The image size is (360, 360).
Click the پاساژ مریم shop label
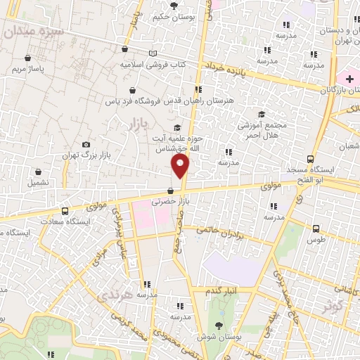(30, 70)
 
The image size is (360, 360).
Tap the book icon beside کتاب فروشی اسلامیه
(153, 53)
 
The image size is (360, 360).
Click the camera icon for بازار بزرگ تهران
(86, 144)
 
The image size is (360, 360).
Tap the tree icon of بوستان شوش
(219, 324)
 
